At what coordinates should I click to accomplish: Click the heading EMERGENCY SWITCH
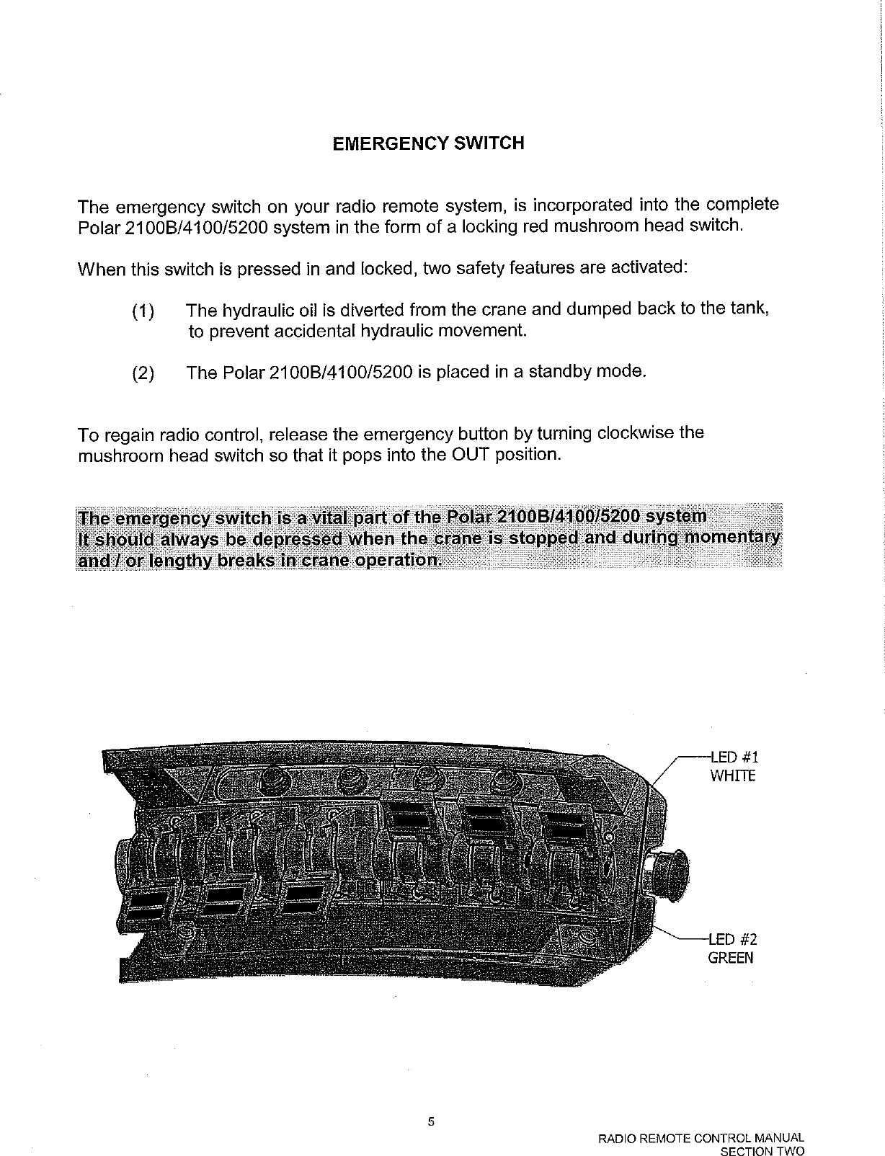pyautogui.click(x=428, y=143)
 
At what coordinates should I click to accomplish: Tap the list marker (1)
pyautogui.click(x=143, y=312)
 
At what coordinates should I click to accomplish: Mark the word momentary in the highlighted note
pyautogui.click(x=732, y=538)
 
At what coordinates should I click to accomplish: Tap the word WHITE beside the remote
pyautogui.click(x=733, y=776)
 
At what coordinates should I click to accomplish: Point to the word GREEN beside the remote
pyautogui.click(x=731, y=958)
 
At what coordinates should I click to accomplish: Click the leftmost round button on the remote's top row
pyautogui.click(x=272, y=781)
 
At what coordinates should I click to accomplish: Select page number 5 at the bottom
pyautogui.click(x=431, y=1121)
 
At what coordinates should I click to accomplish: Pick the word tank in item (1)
pyautogui.click(x=753, y=310)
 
